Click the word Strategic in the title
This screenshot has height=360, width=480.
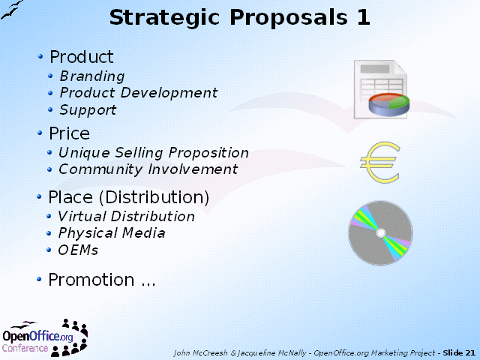(164, 18)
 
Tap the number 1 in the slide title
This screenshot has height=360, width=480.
(363, 17)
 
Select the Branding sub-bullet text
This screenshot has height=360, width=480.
(92, 76)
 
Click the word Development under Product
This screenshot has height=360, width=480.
(169, 93)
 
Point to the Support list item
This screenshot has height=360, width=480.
(88, 110)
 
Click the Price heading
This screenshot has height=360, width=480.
(70, 133)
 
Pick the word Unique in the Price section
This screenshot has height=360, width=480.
(84, 153)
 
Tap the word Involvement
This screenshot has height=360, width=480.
(193, 169)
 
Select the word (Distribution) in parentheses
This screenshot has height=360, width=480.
(154, 197)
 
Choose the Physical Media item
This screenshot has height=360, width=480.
(112, 233)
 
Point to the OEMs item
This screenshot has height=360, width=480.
(78, 250)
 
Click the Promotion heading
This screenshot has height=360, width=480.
(91, 280)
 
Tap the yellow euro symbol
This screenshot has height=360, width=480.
(380, 162)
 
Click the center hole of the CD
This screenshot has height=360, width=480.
(381, 233)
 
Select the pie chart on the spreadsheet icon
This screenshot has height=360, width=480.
(389, 105)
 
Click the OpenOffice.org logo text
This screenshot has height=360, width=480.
(37, 337)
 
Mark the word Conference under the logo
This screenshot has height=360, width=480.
(25, 348)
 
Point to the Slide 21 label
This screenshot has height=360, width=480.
(459, 353)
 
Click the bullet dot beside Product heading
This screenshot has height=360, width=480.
(40, 56)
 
